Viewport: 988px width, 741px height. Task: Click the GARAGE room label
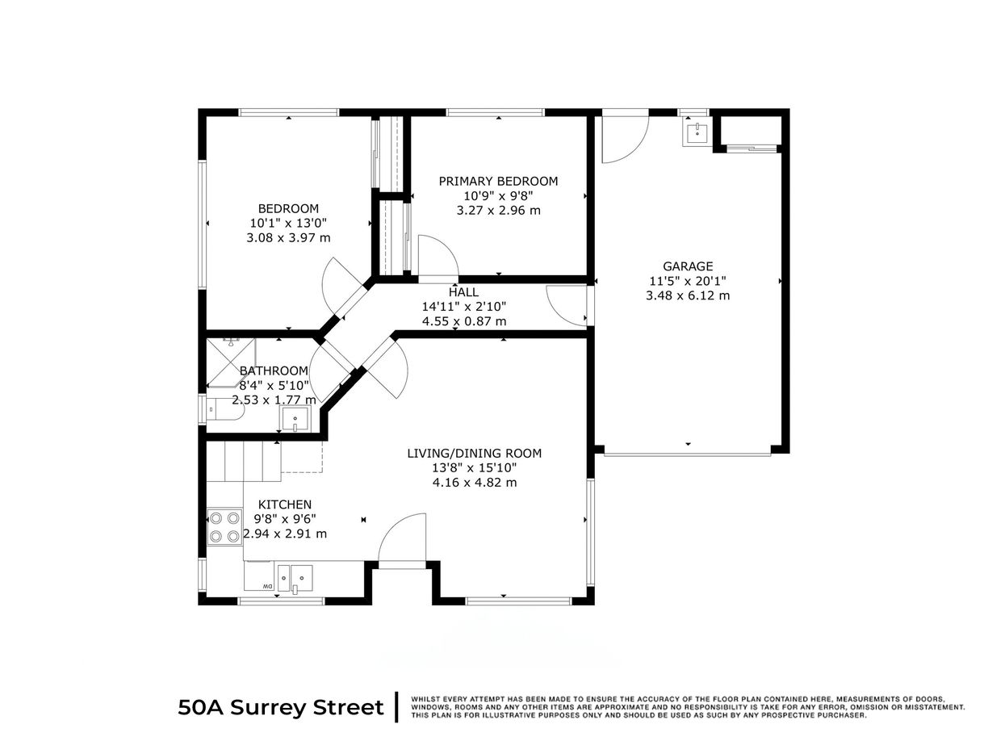(x=688, y=266)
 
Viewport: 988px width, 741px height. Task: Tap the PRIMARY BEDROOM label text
(x=498, y=181)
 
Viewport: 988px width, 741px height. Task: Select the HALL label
(x=463, y=292)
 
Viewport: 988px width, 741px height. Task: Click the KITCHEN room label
(x=284, y=504)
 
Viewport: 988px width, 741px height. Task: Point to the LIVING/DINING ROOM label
(x=474, y=453)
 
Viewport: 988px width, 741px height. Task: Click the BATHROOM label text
(x=274, y=370)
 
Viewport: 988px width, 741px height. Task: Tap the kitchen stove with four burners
(x=224, y=526)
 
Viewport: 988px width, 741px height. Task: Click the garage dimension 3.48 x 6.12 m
(x=688, y=295)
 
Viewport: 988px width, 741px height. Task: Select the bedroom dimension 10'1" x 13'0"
(x=288, y=223)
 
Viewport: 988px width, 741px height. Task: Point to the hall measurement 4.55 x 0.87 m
(x=464, y=320)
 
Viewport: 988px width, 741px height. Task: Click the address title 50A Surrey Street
(x=281, y=708)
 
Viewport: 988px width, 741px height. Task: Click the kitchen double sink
(x=300, y=577)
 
